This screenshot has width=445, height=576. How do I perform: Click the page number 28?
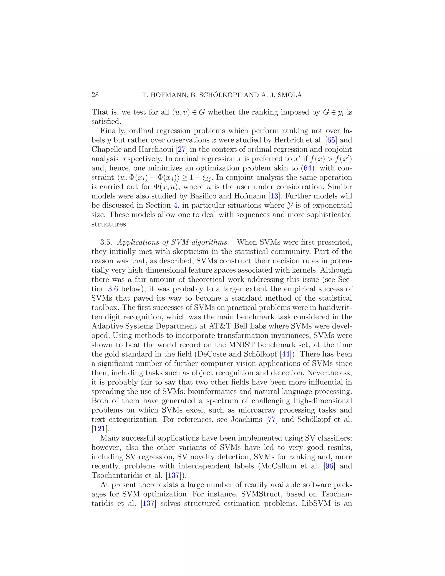(x=95, y=95)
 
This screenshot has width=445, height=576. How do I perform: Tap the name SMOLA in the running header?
(x=290, y=95)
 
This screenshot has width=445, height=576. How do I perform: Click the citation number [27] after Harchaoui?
(x=182, y=149)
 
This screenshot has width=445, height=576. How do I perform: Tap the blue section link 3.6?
(x=113, y=289)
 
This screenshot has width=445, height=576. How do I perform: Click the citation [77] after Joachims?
(x=272, y=420)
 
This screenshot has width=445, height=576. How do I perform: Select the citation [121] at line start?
(x=100, y=429)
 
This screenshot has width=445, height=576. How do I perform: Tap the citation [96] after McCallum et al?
(x=329, y=466)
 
